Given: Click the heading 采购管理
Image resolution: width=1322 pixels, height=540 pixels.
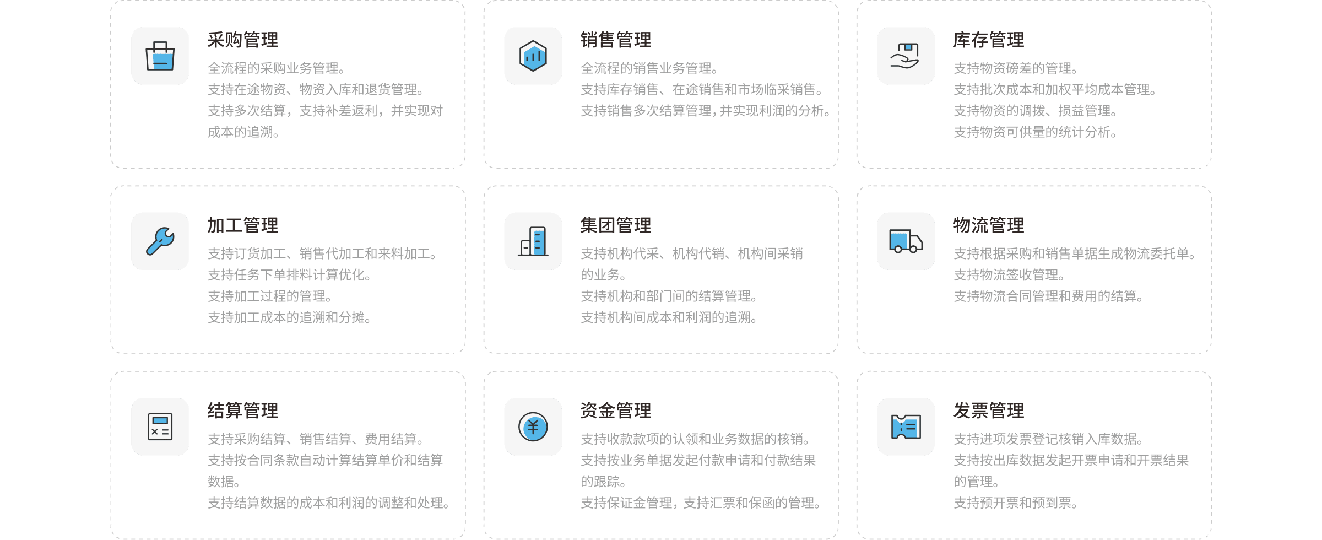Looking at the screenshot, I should [x=243, y=40].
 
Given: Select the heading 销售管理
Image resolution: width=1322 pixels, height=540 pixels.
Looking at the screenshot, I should [x=616, y=40].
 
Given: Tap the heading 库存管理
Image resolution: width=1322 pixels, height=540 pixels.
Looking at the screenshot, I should [x=989, y=40].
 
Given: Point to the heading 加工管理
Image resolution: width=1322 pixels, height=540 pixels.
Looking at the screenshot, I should [x=243, y=225].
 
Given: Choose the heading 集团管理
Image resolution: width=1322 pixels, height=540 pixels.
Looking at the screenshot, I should [x=616, y=225].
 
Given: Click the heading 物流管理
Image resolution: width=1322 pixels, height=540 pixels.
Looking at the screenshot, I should [x=989, y=225].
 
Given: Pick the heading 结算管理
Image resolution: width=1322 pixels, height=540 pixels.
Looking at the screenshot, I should [x=243, y=411].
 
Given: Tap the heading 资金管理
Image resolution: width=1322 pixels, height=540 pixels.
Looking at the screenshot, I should [x=616, y=411].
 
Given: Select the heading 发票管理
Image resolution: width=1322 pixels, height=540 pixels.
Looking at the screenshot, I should [x=989, y=411].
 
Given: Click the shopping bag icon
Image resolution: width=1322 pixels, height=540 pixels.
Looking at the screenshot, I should [x=160, y=56].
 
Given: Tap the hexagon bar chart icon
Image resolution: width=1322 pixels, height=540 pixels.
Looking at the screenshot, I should [x=533, y=56].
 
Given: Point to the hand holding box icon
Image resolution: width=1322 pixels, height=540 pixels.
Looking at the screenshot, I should [x=906, y=56].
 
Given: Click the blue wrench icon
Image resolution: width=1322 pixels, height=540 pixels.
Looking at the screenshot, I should [x=160, y=241].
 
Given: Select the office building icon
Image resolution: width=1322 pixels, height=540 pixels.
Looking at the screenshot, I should [x=533, y=241].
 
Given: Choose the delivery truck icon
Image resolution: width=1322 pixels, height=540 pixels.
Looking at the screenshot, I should [x=906, y=241].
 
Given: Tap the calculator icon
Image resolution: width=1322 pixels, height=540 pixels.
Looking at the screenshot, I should [x=160, y=427].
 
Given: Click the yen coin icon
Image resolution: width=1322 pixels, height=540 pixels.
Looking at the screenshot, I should [x=533, y=427].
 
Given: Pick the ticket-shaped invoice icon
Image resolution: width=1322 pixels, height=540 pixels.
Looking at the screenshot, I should [x=906, y=427].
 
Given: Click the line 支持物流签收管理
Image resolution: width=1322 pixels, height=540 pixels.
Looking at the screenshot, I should [x=1009, y=275].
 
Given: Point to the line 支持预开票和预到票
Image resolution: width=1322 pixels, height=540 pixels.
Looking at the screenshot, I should [x=1015, y=503].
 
